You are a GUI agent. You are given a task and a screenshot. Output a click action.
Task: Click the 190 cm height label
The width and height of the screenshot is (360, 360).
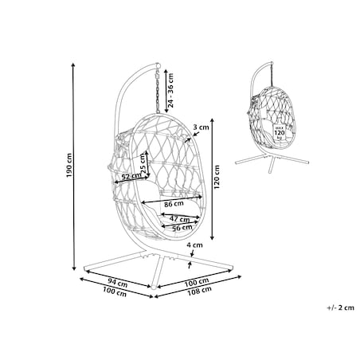pos(69,166)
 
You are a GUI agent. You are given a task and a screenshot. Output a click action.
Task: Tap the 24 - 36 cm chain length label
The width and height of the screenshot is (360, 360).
pos(170,90)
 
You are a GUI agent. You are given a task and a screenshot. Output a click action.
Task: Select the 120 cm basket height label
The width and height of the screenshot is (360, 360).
pos(217,177)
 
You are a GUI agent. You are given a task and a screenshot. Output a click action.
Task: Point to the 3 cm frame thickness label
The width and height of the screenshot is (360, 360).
pos(201,127)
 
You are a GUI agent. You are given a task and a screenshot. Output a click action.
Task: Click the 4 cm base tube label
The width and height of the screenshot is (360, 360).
pos(194,245)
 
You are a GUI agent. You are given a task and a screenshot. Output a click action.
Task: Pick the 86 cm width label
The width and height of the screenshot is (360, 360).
pos(174,204)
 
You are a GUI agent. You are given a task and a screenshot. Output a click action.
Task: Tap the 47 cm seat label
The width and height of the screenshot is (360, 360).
pos(180,219)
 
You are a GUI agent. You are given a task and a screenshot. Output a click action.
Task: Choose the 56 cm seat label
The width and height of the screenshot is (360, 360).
pos(182,228)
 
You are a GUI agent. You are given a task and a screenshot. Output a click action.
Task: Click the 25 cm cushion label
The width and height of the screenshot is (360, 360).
pos(143,164)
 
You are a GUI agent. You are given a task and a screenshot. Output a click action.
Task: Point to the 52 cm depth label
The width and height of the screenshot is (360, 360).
pos(131,176)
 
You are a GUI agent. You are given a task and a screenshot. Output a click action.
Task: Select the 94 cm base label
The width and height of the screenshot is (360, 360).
pos(118,282)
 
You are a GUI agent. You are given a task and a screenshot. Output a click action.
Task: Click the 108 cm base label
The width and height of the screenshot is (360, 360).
pos(199,291)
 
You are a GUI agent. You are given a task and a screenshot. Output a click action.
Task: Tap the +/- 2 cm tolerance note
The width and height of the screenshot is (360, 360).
pos(341,307)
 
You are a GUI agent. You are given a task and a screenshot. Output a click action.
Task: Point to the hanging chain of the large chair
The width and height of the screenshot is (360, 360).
pos(158,91)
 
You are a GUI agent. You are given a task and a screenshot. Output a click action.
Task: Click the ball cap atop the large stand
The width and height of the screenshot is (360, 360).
pos(158,65)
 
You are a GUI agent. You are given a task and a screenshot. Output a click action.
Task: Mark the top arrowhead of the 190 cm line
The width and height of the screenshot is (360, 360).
pos(74,65)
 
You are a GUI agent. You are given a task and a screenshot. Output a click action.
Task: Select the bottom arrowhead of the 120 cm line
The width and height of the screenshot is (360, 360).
pos(212,237)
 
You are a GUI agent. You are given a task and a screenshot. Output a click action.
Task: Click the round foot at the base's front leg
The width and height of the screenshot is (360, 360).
pos(153,288)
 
